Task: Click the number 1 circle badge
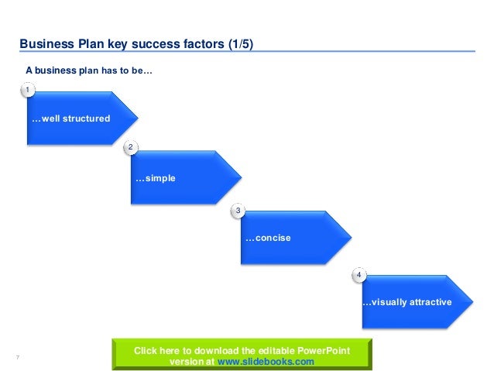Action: (x=29, y=91)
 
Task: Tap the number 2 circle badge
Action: (x=131, y=147)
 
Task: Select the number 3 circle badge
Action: (x=238, y=211)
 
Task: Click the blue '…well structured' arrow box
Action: (x=77, y=119)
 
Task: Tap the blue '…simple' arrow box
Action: (x=183, y=178)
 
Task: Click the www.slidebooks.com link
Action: (x=266, y=361)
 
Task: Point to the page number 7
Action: (x=17, y=356)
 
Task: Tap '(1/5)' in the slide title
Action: (x=240, y=44)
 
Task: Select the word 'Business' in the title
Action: (x=46, y=44)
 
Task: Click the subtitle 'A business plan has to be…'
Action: (x=89, y=70)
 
